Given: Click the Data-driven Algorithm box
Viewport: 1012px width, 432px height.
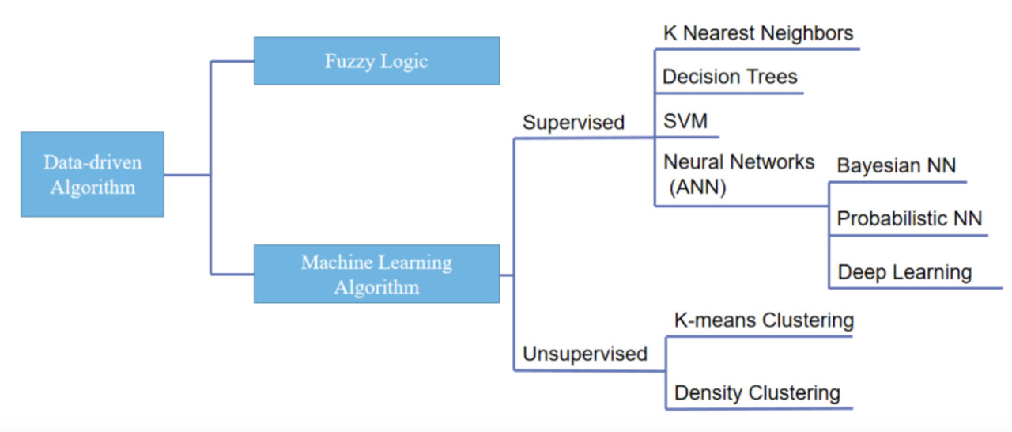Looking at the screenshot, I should point(93,174).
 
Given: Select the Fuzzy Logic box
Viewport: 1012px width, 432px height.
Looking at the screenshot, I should point(376,61).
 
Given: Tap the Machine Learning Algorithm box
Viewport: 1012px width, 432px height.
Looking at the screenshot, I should point(376,274).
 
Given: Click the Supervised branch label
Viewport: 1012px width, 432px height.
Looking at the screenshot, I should point(573,123).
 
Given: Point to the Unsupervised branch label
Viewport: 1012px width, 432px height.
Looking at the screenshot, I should point(584,354).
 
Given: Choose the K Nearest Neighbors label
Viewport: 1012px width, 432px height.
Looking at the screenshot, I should point(757,33).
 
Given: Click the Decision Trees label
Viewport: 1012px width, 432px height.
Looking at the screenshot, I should point(730,77).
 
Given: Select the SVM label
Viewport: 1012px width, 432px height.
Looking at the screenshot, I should point(685,122).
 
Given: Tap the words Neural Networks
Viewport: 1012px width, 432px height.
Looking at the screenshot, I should point(738,162).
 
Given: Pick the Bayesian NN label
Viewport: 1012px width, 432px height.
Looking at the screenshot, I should point(897,166).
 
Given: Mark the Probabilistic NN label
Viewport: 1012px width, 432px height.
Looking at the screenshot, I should point(909,218).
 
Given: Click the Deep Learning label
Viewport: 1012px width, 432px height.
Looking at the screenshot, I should point(904,273).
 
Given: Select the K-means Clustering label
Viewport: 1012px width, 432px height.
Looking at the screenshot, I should point(764,320).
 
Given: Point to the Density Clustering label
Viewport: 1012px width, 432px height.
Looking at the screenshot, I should point(757,393).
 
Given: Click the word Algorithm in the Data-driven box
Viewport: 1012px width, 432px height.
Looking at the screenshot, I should point(93,188).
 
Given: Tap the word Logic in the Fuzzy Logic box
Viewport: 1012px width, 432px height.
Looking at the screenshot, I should point(403,61).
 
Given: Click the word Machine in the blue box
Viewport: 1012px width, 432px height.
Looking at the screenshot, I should point(332,262).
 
